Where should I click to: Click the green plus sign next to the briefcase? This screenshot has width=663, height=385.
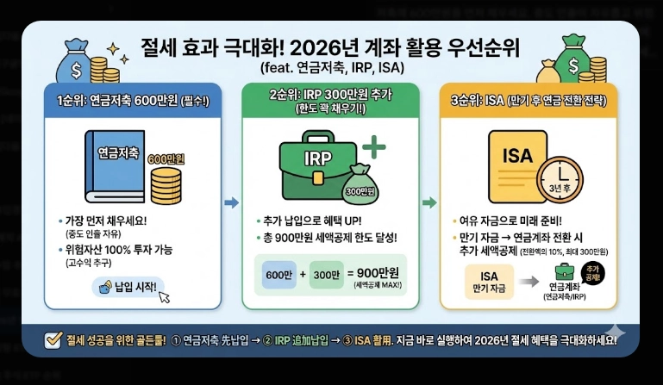pos(374,146)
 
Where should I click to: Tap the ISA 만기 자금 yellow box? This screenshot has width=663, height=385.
pos(482,283)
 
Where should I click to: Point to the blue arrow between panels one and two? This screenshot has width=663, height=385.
pos(230,202)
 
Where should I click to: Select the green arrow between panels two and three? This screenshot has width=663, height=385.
pos(428,202)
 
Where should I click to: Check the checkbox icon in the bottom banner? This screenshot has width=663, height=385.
pos(52,339)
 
